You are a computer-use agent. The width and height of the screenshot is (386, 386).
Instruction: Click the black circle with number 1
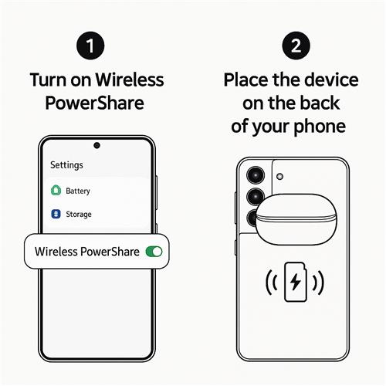pyautogui.click(x=90, y=46)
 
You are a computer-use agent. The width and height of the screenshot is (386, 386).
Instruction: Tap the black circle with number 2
pyautogui.click(x=296, y=46)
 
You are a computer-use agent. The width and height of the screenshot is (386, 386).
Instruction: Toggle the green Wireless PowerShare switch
pyautogui.click(x=154, y=252)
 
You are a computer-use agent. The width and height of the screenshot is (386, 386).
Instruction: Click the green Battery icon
pyautogui.click(x=56, y=191)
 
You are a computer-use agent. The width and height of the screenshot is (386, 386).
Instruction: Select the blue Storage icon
pyautogui.click(x=56, y=214)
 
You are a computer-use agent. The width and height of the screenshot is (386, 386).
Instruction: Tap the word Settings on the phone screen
pyautogui.click(x=66, y=165)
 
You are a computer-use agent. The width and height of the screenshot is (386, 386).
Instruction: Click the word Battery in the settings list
pyautogui.click(x=78, y=191)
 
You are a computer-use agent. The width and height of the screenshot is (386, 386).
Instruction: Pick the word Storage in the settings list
pyautogui.click(x=79, y=215)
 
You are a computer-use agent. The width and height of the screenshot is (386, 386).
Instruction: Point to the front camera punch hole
pyautogui.click(x=96, y=145)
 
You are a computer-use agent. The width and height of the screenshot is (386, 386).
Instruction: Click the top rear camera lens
pyautogui.click(x=256, y=175)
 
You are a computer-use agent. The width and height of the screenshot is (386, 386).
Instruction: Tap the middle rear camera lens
pyautogui.click(x=255, y=197)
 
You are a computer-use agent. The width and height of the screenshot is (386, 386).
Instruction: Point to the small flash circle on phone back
pyautogui.click(x=279, y=177)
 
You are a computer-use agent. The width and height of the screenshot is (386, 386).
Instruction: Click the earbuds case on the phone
pyautogui.click(x=296, y=219)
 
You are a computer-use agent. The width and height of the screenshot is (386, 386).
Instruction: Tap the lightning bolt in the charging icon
pyautogui.click(x=296, y=282)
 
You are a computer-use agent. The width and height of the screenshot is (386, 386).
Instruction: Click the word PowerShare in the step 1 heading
pyautogui.click(x=94, y=103)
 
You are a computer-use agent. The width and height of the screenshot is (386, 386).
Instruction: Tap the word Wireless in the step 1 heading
pyautogui.click(x=130, y=80)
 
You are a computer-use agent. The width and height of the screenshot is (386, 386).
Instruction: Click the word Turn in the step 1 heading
pyautogui.click(x=48, y=80)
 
